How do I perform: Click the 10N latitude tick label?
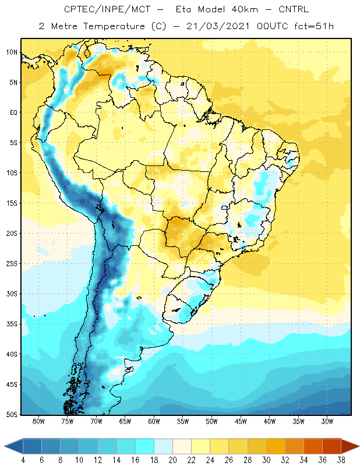[12, 52]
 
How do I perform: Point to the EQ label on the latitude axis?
[14, 112]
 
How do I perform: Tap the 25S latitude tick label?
[12, 264]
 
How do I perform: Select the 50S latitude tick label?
[12, 415]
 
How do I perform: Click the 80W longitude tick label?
[38, 421]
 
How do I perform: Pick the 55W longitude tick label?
[183, 421]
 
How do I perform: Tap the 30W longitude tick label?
[327, 421]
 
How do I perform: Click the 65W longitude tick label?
[125, 421]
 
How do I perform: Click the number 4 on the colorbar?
[23, 460]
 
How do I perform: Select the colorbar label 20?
[172, 460]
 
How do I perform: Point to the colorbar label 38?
[341, 460]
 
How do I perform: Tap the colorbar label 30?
[266, 460]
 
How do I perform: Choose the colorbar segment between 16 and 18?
[145, 446]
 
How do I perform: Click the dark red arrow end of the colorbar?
[350, 446]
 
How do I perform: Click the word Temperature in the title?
[114, 26]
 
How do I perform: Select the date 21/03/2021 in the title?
[218, 26]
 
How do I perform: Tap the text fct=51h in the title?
[314, 26]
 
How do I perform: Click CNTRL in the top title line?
[294, 9]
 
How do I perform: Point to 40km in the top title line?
[245, 9]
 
